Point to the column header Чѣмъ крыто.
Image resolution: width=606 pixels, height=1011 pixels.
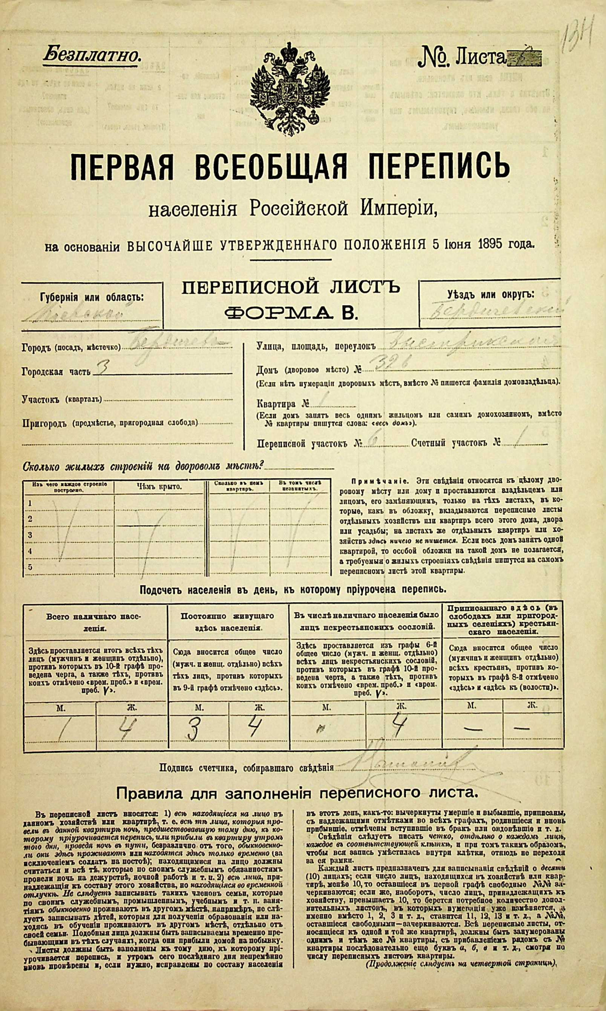click(x=159, y=486)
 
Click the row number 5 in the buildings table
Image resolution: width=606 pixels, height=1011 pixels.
click(x=29, y=567)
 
